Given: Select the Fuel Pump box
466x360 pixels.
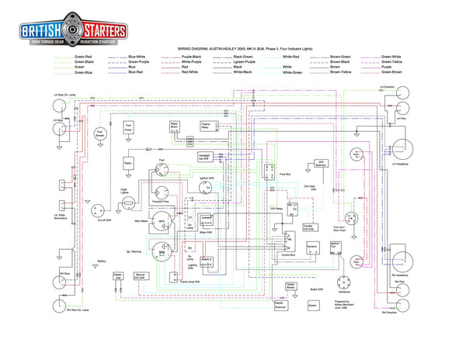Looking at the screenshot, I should pos(129,129).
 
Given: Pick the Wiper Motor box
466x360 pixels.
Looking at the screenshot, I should pos(175,129).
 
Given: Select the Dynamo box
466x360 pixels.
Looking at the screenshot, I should pos(312,250).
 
